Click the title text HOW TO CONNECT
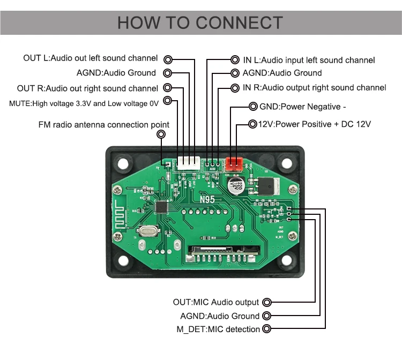point(200,22)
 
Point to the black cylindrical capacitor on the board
point(236,187)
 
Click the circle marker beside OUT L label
point(168,58)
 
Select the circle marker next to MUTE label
point(168,100)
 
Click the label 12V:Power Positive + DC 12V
point(315,124)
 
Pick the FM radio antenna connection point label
point(103,125)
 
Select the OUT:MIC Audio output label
point(216,303)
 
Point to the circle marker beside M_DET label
point(267,329)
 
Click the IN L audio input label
point(309,61)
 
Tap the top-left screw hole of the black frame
point(123,163)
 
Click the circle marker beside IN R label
point(235,87)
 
